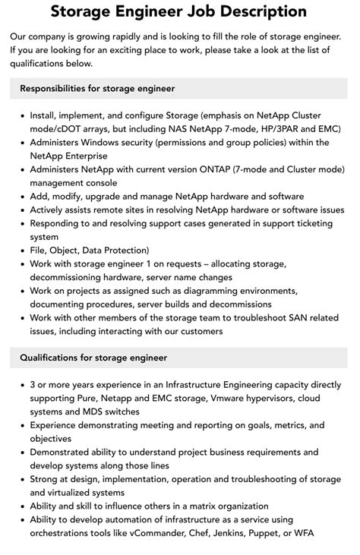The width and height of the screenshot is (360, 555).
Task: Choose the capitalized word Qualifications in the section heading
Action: tap(52, 357)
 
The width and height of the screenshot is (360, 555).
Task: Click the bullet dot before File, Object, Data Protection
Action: tap(21, 251)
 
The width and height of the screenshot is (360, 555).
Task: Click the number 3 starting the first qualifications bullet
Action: tap(33, 384)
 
